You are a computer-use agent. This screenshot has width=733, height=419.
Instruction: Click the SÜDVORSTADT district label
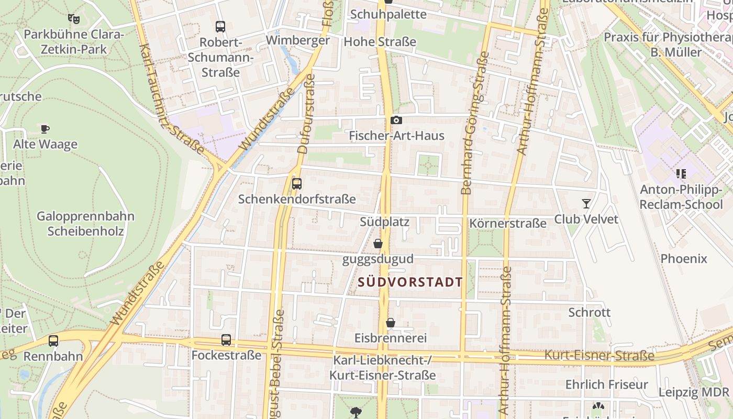click(411, 282)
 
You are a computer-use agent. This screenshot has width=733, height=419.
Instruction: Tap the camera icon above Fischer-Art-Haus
click(396, 120)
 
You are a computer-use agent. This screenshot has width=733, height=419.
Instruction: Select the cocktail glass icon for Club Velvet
click(586, 203)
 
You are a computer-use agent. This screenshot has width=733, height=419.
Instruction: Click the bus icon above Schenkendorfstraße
click(297, 184)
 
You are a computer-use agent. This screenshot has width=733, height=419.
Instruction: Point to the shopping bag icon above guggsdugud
click(378, 244)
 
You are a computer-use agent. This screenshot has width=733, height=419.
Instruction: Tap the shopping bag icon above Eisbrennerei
click(391, 323)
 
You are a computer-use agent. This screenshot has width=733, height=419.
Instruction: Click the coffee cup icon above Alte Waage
click(45, 129)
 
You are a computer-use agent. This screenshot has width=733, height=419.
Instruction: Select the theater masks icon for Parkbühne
click(74, 19)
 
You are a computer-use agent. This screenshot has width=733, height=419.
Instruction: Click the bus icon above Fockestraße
click(226, 340)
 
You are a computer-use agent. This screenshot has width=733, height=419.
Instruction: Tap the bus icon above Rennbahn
click(53, 341)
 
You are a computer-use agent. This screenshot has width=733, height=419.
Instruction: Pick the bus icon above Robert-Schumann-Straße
click(220, 26)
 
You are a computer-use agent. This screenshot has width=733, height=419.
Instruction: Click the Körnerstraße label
click(508, 224)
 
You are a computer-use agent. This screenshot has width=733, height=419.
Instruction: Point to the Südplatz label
click(384, 222)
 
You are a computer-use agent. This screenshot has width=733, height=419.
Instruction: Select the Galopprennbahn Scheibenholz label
click(85, 224)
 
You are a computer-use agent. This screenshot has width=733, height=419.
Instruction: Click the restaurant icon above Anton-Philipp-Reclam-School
click(681, 173)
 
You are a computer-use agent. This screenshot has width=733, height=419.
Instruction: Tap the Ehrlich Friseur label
click(607, 384)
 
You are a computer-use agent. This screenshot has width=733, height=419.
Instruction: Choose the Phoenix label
click(684, 258)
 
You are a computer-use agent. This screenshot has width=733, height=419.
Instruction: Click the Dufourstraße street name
click(306, 114)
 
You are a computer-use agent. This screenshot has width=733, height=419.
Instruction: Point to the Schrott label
click(590, 312)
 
